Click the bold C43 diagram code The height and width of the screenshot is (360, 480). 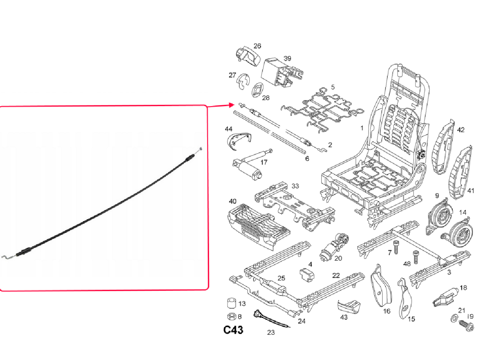point(233,330)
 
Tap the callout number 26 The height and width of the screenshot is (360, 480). point(257,46)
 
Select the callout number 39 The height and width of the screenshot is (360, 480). point(287,58)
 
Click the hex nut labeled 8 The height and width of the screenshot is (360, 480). point(231,316)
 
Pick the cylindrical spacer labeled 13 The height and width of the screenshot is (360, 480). point(232,303)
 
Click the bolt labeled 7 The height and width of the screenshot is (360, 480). point(396,247)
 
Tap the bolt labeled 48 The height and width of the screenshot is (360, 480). point(415,256)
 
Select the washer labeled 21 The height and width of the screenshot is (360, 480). point(454,318)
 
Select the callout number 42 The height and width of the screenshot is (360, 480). point(460,130)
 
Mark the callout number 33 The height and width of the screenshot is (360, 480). point(295,186)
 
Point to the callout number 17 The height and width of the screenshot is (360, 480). point(264,162)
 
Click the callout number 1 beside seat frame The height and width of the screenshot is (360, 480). point(362,128)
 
